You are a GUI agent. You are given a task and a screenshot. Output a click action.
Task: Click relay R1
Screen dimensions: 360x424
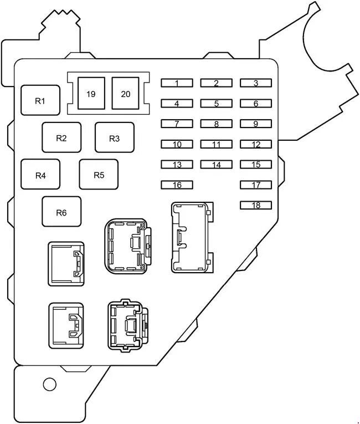click(40, 100)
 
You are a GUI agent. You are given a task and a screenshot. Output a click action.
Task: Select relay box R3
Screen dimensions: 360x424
click(114, 137)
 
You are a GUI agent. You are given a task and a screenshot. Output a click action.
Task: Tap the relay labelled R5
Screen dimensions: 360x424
click(99, 175)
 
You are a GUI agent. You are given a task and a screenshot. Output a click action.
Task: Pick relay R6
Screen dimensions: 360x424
click(61, 212)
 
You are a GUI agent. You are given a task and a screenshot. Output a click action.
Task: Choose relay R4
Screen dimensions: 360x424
click(40, 175)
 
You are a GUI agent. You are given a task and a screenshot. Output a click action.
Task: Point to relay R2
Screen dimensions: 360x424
click(61, 137)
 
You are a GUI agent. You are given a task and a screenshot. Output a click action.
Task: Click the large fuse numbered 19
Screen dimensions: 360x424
click(91, 93)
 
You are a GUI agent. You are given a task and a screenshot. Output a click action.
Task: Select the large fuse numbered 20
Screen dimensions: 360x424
click(126, 93)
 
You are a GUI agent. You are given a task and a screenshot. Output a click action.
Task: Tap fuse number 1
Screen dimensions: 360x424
click(177, 83)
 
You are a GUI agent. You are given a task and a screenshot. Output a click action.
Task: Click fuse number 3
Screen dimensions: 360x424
click(256, 83)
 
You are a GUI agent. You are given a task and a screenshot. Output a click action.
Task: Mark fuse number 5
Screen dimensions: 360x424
click(216, 103)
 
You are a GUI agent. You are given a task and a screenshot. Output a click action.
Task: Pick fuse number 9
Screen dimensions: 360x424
click(256, 124)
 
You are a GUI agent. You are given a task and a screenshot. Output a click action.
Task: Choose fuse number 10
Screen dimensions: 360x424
click(177, 144)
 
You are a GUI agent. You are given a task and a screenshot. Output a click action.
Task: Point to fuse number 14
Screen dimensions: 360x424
click(216, 165)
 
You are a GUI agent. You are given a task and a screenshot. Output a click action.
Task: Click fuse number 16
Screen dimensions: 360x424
click(177, 185)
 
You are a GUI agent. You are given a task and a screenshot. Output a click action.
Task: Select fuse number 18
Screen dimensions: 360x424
click(256, 205)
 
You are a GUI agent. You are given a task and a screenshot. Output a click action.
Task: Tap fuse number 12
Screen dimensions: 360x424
click(256, 144)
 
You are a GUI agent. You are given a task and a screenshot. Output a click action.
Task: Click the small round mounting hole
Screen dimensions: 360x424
click(49, 384)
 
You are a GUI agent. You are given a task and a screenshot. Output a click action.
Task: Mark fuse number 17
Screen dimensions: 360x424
click(256, 185)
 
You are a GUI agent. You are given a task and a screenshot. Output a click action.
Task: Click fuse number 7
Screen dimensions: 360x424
click(177, 124)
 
